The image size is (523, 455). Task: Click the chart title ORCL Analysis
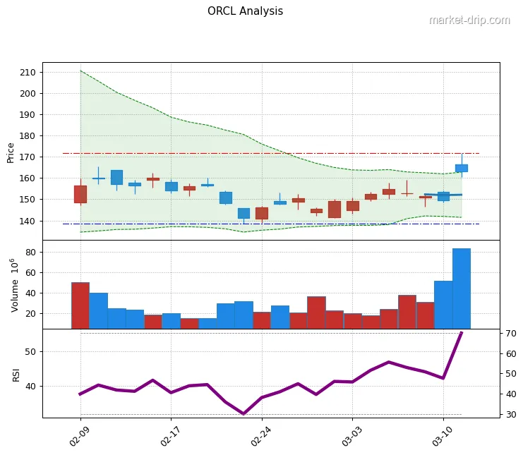(x=245, y=11)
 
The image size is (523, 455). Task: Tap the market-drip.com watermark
(x=469, y=20)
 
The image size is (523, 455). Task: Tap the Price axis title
(x=11, y=152)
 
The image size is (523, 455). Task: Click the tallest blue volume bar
(x=461, y=288)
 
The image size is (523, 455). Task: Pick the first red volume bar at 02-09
(x=80, y=305)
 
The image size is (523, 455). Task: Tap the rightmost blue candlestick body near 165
(x=462, y=168)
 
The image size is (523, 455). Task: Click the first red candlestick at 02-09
(x=80, y=194)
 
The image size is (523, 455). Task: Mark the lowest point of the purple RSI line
(x=244, y=413)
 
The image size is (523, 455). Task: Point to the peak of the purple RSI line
(x=461, y=332)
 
